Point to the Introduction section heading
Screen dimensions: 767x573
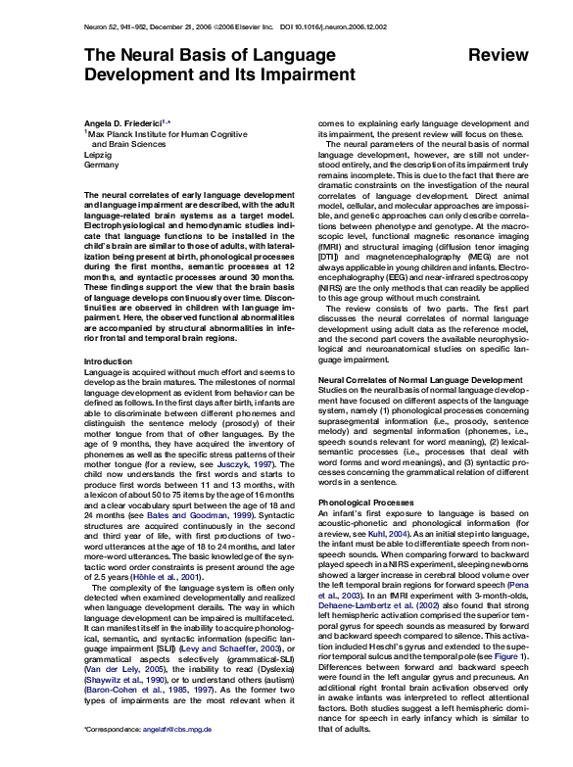coord(108,334)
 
